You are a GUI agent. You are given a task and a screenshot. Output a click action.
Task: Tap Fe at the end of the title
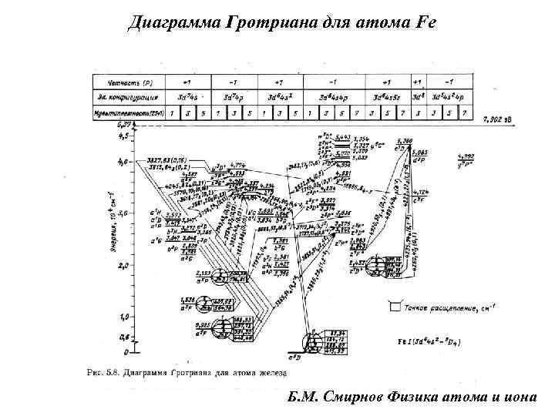pos(425,22)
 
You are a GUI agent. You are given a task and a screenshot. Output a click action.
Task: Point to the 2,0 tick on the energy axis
pos(123,265)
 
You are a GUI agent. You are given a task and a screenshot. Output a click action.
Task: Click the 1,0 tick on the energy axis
pos(123,317)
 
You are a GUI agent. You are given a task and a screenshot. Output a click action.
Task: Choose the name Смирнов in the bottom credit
pos(362,397)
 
